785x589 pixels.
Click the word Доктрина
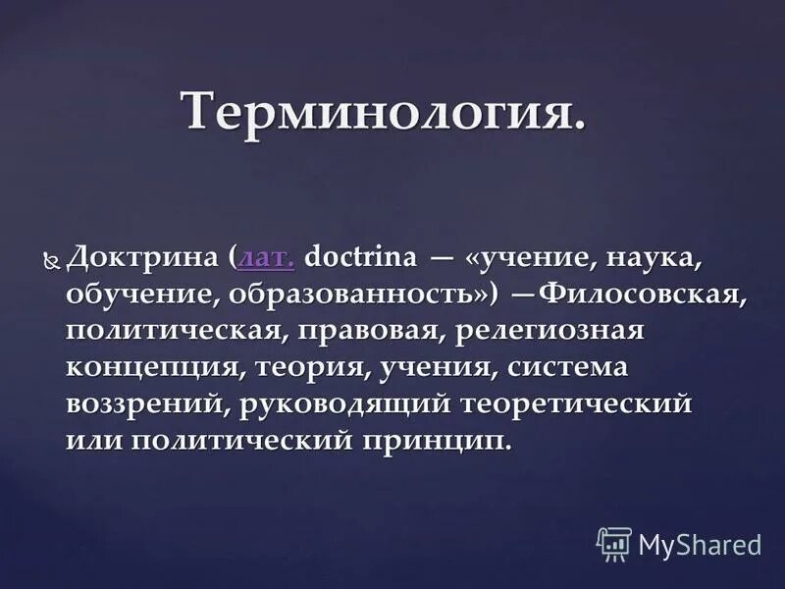click(145, 259)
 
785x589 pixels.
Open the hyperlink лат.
click(266, 259)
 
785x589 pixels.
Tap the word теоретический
click(597, 403)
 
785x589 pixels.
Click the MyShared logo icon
click(613, 543)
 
